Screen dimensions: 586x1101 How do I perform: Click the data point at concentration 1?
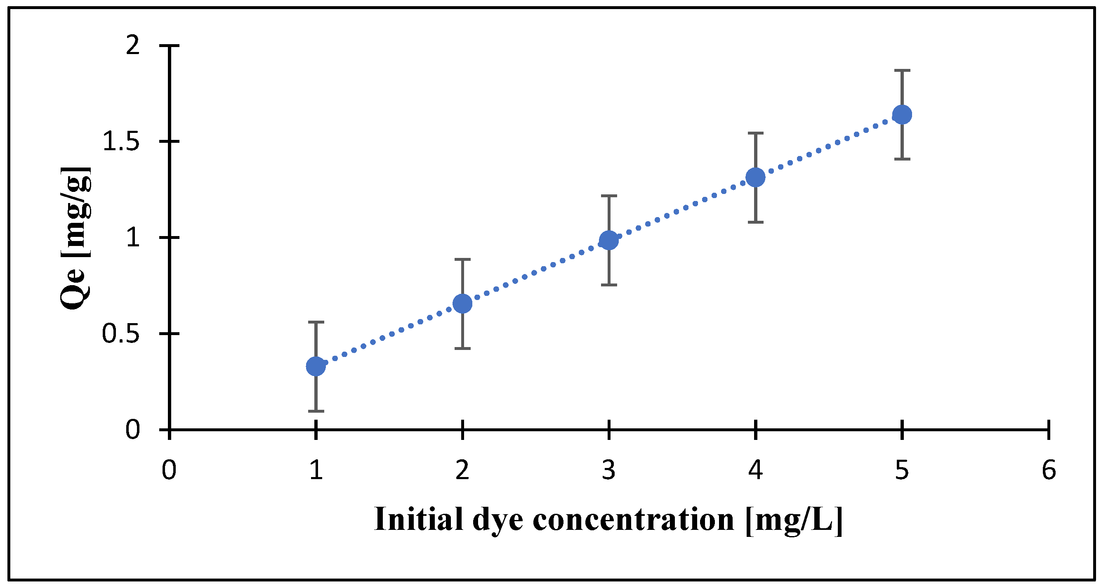[x=316, y=366]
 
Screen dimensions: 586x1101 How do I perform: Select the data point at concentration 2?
[x=462, y=303]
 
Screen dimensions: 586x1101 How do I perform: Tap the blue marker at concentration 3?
[x=609, y=241]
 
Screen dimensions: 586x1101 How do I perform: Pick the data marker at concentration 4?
[x=756, y=177]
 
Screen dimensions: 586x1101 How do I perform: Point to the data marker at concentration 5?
[x=902, y=115]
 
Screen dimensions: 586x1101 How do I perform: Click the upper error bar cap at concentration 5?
[x=902, y=70]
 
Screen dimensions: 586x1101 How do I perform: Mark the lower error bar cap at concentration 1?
[x=316, y=411]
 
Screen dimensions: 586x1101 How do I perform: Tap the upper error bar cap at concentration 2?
[x=462, y=259]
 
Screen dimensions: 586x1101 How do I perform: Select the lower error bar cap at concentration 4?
[x=756, y=222]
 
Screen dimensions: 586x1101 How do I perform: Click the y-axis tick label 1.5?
[x=121, y=142]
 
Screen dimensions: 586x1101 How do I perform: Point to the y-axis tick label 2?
[x=132, y=45]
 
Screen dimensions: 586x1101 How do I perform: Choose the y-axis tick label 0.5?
[x=121, y=334]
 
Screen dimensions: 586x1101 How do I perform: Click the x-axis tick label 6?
[x=1049, y=470]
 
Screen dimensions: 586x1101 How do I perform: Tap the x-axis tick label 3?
[x=609, y=470]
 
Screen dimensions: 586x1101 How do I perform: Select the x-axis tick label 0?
[x=169, y=470]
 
